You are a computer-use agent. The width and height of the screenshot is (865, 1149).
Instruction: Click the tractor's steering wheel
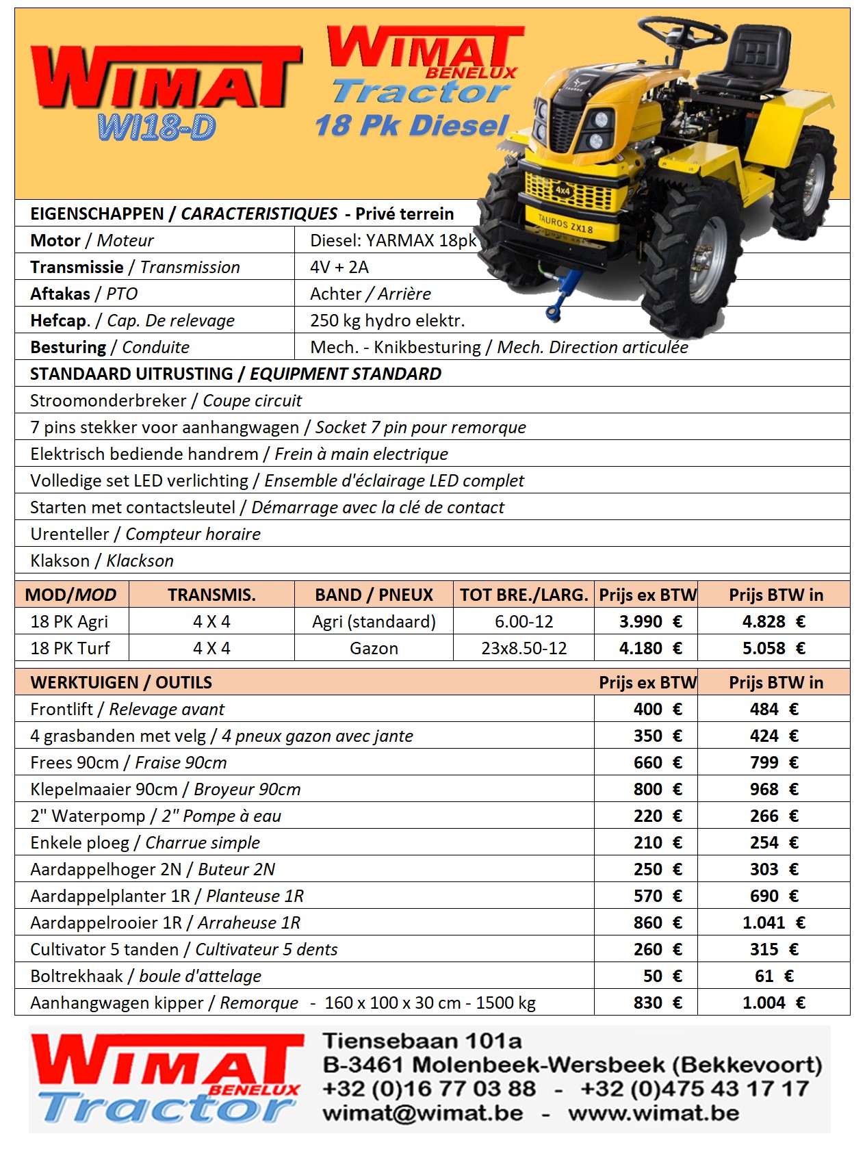[682, 31]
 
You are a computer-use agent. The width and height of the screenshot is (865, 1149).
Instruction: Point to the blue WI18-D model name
[157, 127]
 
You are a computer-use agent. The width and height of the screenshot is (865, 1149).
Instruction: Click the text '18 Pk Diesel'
[412, 125]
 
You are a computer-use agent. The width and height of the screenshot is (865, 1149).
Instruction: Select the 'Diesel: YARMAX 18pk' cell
[393, 241]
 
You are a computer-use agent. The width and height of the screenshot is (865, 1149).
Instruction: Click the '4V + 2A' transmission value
[339, 268]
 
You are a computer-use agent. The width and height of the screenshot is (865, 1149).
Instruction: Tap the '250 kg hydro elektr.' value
[387, 321]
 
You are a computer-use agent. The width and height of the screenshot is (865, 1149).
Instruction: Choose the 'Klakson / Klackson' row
[102, 561]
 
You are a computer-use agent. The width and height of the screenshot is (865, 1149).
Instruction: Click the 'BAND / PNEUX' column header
[374, 595]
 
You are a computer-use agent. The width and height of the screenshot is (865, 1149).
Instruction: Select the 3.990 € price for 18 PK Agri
[650, 622]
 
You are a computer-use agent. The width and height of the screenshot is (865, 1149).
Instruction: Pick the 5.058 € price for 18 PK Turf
[773, 649]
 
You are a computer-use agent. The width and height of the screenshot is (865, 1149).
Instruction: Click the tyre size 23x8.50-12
[524, 649]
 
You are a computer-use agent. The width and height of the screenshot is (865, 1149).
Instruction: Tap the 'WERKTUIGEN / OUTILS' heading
[121, 683]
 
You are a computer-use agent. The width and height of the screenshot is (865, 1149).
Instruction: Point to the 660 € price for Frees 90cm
[657, 763]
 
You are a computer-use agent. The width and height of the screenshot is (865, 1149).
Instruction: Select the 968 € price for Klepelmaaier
[773, 790]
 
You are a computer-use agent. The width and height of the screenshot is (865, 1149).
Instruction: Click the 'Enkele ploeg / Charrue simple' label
[145, 843]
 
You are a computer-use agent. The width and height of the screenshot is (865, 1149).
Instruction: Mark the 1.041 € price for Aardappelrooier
[773, 923]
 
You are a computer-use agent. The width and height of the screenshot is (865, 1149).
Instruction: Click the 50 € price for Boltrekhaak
[662, 977]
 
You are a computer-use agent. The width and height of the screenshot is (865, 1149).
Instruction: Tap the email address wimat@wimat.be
[422, 1113]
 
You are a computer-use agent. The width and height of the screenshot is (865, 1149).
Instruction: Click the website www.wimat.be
[653, 1113]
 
